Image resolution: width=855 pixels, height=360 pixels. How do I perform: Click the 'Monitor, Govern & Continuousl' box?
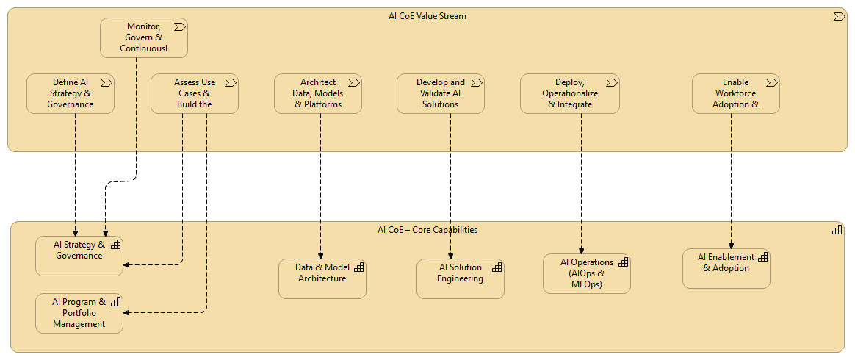144,37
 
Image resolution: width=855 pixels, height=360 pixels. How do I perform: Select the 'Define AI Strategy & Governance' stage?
71,93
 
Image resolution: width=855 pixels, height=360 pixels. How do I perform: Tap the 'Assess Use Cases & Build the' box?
195,93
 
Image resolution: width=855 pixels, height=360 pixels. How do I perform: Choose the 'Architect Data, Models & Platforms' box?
318,93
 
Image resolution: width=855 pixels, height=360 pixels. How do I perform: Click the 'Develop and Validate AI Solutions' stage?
441,93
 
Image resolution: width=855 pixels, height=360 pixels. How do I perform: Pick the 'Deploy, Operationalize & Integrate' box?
570,93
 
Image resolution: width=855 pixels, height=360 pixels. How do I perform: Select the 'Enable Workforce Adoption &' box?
735,93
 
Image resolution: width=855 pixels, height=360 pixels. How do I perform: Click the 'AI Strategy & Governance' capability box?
79,256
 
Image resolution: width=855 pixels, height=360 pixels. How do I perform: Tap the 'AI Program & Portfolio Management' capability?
79,313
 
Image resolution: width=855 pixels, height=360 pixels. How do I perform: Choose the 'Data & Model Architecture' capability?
322,278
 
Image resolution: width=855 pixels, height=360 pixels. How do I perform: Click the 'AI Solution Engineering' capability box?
460,278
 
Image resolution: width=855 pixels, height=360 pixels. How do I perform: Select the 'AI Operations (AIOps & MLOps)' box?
586,273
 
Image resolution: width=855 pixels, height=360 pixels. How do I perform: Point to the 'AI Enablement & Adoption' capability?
726,268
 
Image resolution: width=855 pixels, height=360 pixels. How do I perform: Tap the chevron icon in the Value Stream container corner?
838,16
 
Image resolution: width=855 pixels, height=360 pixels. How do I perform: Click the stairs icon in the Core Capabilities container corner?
837,230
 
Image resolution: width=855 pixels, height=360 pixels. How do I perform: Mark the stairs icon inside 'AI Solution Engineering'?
497,267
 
